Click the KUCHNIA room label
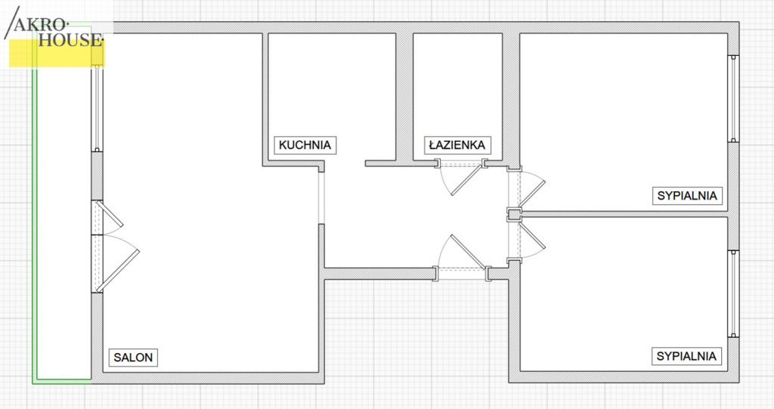[305, 145]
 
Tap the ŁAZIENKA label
[457, 145]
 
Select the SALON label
[133, 357]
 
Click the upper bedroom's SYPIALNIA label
[687, 196]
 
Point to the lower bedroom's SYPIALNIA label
[686, 356]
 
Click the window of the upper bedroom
[733, 99]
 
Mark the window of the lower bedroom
[733, 294]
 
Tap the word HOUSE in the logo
[70, 40]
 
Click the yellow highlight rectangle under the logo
[57, 54]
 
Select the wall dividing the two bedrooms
[624, 215]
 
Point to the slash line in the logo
[12, 23]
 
